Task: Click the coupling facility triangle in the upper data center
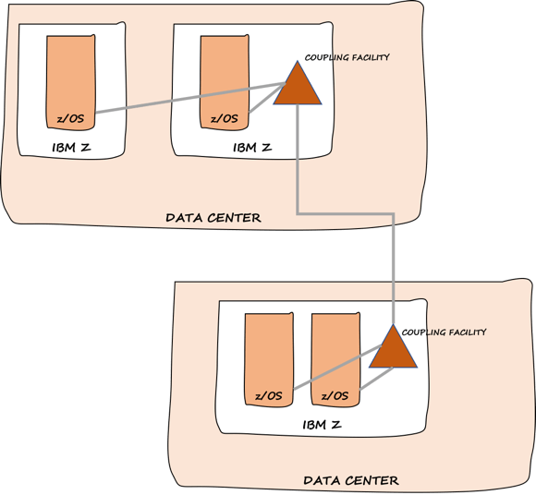(298, 88)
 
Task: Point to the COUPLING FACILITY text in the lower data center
(445, 332)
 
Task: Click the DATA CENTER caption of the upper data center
(213, 218)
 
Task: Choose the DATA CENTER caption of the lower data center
(351, 480)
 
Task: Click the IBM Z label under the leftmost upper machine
(70, 148)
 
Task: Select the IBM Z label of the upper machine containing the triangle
(251, 147)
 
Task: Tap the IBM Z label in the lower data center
(322, 424)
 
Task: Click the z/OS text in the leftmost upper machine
(70, 117)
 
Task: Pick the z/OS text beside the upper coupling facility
(224, 117)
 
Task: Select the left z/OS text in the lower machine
(268, 395)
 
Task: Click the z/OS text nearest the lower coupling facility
(335, 395)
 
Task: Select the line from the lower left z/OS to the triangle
(333, 372)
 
